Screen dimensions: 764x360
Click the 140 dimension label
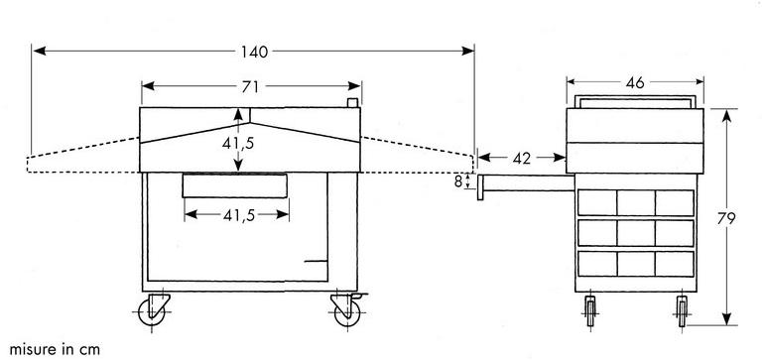click(254, 52)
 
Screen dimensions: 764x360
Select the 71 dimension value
click(250, 86)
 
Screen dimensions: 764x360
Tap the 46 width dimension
click(635, 83)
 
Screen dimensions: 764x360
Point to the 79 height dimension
click(726, 219)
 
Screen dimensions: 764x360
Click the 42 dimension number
click(521, 159)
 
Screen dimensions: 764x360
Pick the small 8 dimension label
click(458, 182)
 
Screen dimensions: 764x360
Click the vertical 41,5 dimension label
click(238, 143)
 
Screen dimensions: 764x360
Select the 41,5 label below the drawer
click(239, 215)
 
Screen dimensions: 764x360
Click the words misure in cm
click(55, 349)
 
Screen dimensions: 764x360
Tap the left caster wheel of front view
click(152, 311)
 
